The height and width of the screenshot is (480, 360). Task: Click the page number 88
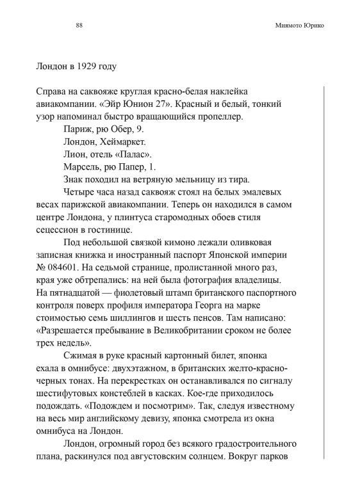79,26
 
